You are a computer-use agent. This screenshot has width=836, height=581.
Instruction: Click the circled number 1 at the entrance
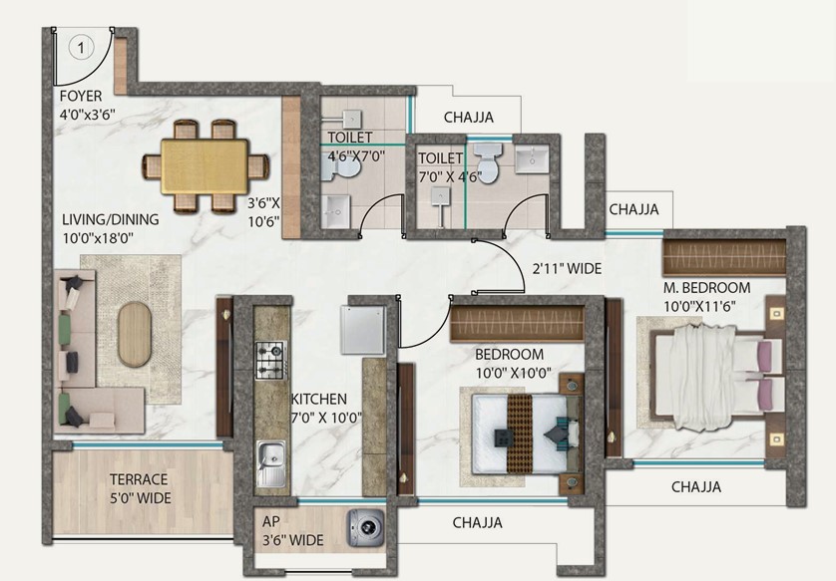click(81, 48)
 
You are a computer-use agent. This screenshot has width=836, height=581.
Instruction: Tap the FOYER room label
click(81, 97)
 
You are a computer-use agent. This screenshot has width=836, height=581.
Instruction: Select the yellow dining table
click(205, 166)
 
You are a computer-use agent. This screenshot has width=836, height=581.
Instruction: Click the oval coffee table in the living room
click(135, 335)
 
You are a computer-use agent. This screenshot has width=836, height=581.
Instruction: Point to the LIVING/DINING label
click(111, 219)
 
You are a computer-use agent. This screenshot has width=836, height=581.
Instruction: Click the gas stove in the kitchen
click(271, 360)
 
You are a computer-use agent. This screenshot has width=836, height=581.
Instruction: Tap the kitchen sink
click(271, 463)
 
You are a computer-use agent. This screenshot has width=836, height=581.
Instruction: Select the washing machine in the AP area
click(366, 528)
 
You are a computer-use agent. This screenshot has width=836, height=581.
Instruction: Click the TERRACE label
click(139, 479)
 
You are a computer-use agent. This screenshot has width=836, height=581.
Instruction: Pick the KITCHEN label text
click(319, 399)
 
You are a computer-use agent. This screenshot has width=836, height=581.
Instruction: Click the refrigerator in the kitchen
click(362, 330)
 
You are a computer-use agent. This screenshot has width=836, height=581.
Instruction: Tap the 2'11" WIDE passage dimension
click(568, 268)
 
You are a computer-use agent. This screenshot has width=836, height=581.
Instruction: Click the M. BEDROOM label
click(707, 288)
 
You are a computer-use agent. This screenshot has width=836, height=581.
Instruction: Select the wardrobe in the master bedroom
click(724, 257)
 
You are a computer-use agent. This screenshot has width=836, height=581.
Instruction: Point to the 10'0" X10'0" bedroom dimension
click(514, 373)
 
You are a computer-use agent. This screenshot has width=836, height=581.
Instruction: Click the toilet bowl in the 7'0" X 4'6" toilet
click(488, 161)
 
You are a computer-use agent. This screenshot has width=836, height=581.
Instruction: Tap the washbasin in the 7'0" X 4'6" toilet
click(532, 158)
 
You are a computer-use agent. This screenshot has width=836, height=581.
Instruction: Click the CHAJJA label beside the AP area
click(477, 522)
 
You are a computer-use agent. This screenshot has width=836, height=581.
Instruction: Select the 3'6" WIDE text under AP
click(292, 540)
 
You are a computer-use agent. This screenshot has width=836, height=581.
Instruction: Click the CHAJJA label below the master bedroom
click(696, 486)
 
